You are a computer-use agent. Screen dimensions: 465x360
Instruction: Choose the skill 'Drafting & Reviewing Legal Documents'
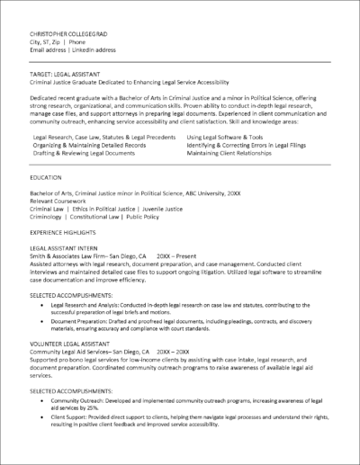tap(86, 153)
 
